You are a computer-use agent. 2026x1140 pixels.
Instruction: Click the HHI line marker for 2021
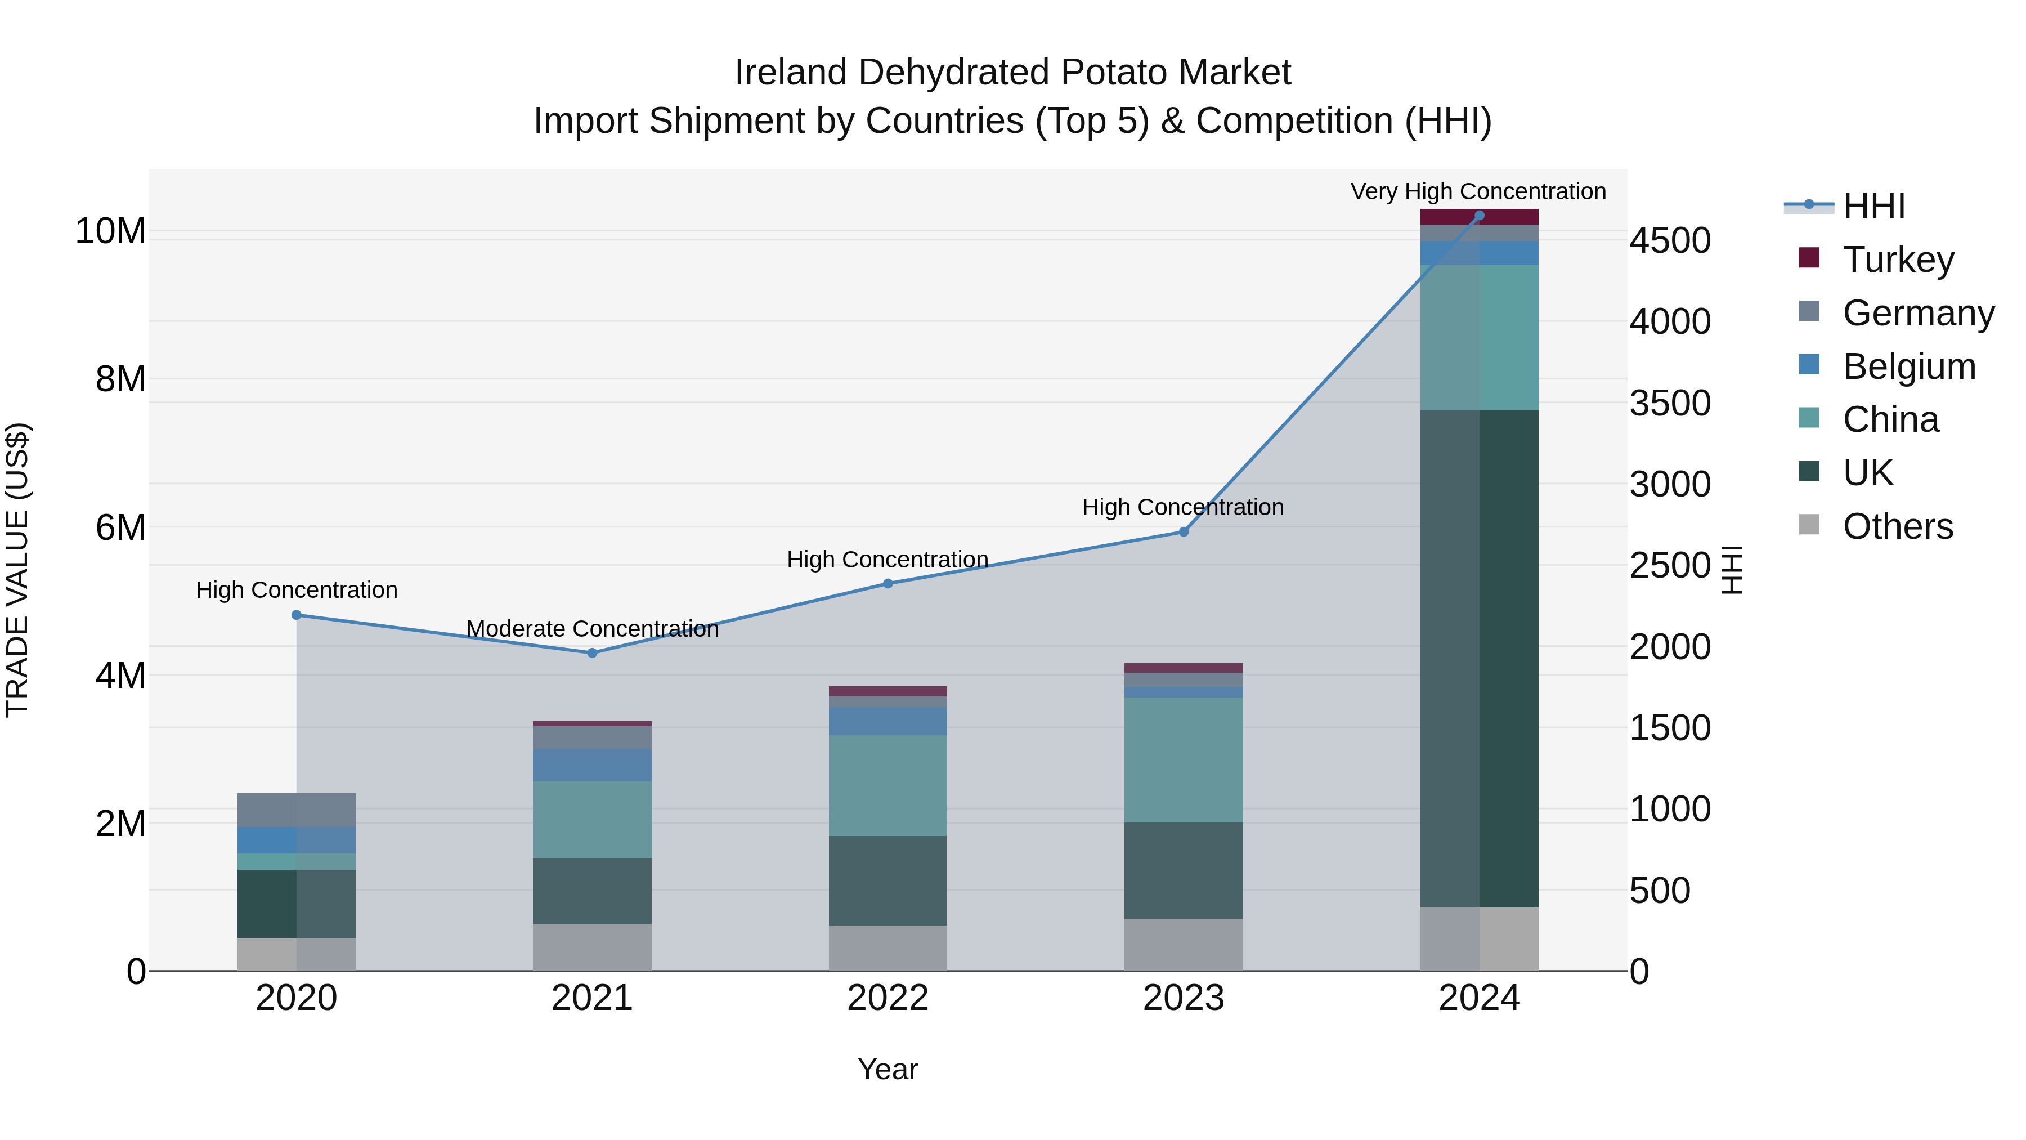[x=592, y=653]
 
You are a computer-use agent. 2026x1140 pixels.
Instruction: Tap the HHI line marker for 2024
[x=1480, y=216]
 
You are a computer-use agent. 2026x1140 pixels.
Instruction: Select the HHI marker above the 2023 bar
[x=1184, y=532]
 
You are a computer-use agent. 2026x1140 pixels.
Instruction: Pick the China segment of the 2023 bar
[x=1184, y=759]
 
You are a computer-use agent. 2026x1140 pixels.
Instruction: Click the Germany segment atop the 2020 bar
[x=297, y=810]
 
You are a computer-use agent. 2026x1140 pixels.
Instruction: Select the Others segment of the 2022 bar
[x=888, y=948]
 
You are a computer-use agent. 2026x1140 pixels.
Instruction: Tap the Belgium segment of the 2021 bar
[x=592, y=765]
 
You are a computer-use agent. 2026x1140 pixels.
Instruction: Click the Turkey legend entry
[x=1898, y=260]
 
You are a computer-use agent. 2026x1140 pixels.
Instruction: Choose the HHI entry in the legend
[x=1873, y=206]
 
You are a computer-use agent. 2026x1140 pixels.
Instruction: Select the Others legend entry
[x=1897, y=526]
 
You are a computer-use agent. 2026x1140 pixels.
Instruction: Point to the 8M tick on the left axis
[x=119, y=379]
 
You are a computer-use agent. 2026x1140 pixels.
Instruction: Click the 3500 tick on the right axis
[x=1669, y=403]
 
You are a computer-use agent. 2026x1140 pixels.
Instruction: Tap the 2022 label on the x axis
[x=888, y=998]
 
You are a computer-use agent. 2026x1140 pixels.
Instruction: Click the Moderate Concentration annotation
[x=592, y=629]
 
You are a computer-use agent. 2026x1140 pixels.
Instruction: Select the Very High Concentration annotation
[x=1478, y=192]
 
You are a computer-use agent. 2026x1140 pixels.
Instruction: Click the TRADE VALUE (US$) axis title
[x=17, y=570]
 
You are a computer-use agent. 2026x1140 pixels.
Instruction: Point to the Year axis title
[x=888, y=1069]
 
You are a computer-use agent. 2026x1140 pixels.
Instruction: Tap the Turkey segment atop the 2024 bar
[x=1480, y=217]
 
